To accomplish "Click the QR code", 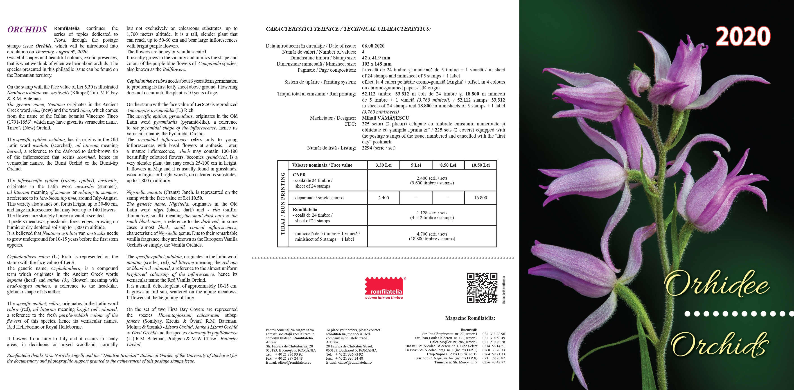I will [482, 288].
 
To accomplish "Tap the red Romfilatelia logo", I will [384, 288].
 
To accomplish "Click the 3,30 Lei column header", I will [383, 165].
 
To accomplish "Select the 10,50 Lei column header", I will [480, 165].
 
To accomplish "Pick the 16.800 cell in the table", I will [480, 198].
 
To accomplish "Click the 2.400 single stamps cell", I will [383, 198].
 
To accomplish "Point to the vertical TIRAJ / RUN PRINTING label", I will [283, 204].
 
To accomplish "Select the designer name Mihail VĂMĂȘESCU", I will [385, 118].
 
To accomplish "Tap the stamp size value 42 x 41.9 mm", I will [376, 58].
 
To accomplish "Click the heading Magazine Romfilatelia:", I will [470, 318].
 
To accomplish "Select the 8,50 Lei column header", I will [448, 165].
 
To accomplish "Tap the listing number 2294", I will [367, 148].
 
